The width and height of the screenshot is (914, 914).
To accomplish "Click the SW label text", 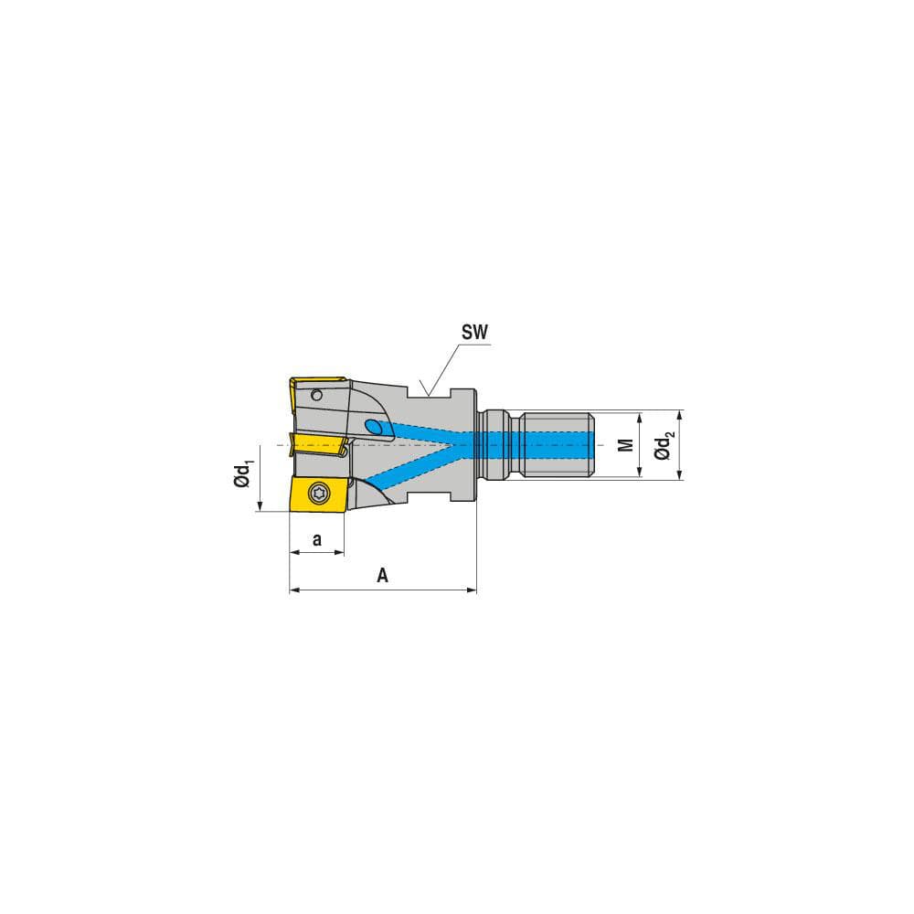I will point(473,334).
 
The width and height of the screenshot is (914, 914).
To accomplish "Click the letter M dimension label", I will point(626,445).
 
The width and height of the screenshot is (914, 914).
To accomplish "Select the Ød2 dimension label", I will point(665,445).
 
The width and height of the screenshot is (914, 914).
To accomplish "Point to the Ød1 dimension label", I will point(243,475).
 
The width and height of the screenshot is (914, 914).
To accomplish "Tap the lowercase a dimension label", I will point(317,539).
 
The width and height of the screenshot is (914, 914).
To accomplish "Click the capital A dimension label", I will point(383,576).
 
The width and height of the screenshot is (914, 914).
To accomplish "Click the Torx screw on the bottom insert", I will point(319,494).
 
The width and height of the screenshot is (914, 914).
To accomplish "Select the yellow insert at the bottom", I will point(316,495).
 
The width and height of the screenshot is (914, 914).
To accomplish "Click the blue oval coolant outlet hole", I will point(374,427).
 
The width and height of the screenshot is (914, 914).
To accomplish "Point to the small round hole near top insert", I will point(317,396).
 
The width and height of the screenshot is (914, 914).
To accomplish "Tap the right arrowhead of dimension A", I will point(473,590).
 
